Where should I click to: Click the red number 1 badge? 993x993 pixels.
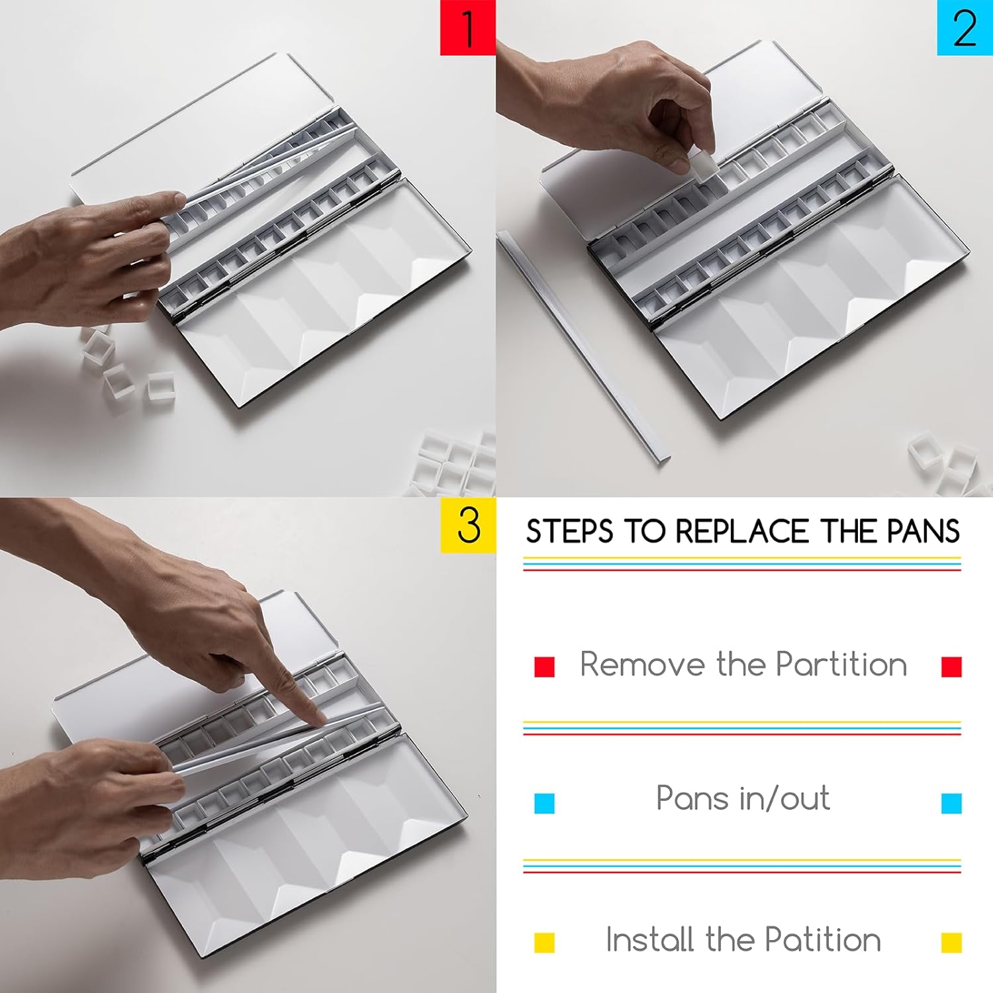(x=468, y=27)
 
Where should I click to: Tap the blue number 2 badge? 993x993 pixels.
(x=965, y=27)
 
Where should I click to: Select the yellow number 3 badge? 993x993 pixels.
(x=468, y=525)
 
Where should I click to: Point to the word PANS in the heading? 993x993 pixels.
(x=923, y=532)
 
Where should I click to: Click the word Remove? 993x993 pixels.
(x=641, y=664)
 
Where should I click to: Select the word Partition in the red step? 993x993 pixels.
(x=841, y=664)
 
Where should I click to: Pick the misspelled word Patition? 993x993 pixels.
(x=823, y=939)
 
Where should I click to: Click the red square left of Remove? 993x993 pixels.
(x=544, y=666)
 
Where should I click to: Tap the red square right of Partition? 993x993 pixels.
(x=951, y=666)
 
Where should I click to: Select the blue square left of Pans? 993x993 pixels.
(x=544, y=803)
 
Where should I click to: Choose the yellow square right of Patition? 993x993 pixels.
(x=951, y=942)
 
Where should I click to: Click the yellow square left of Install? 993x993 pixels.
(x=544, y=942)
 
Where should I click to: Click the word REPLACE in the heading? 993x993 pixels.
(x=743, y=532)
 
